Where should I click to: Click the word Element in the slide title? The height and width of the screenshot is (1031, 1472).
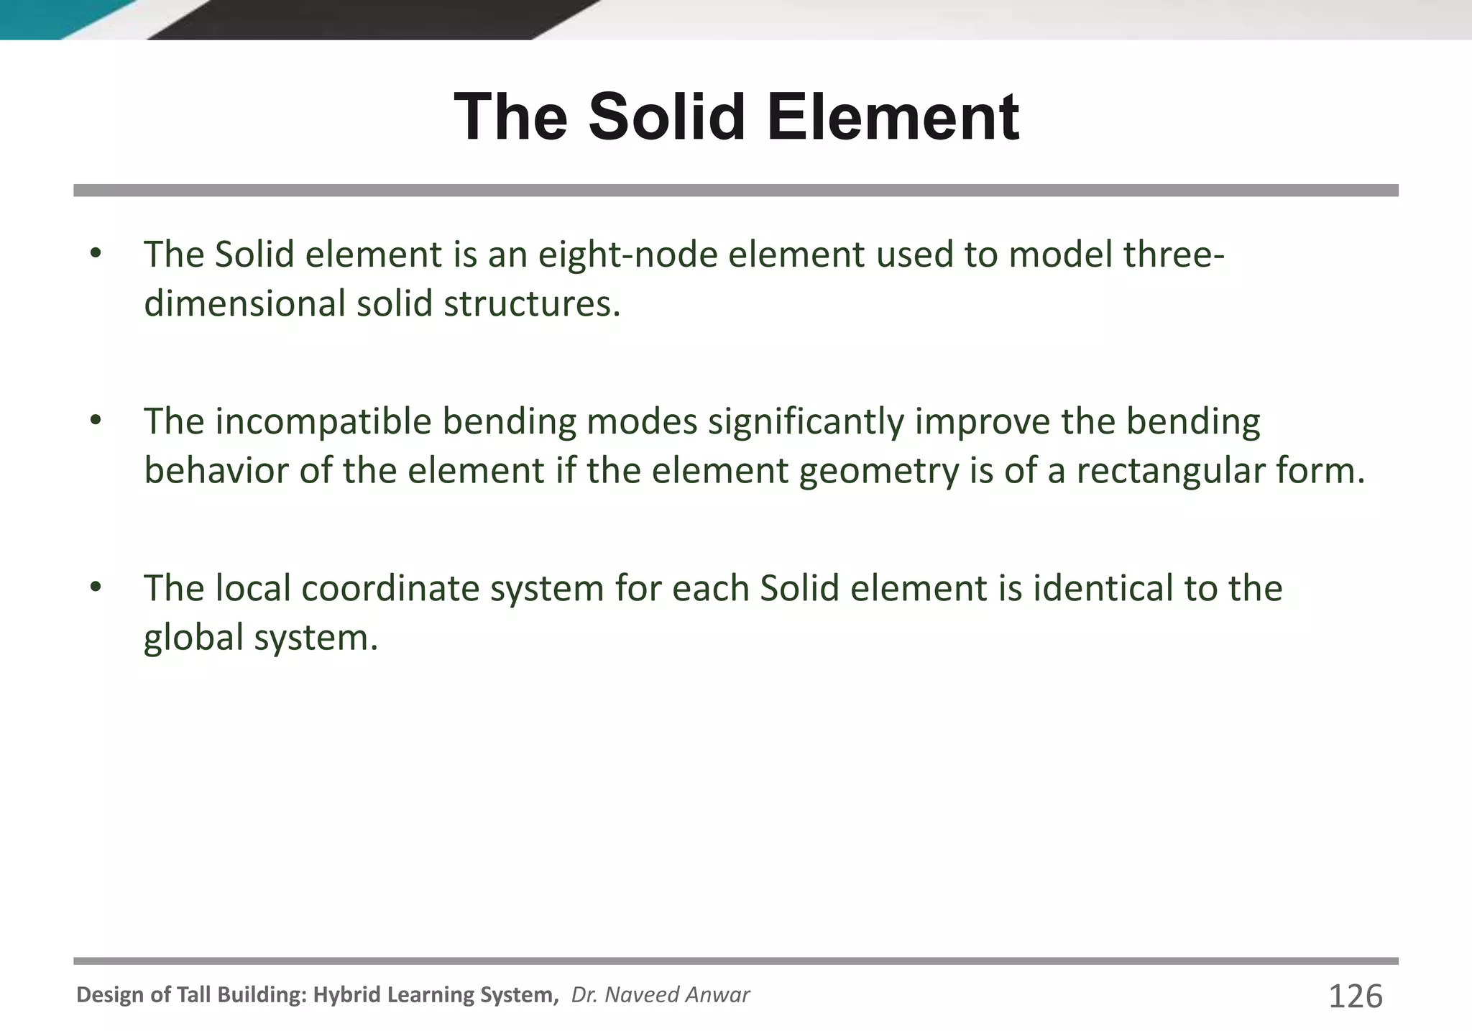(893, 117)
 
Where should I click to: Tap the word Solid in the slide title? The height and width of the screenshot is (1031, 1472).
(666, 117)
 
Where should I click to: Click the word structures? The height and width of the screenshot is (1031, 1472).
(531, 303)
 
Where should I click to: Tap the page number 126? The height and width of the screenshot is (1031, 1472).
(1356, 996)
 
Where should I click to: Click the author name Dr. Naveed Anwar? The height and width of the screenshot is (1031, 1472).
(660, 994)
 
